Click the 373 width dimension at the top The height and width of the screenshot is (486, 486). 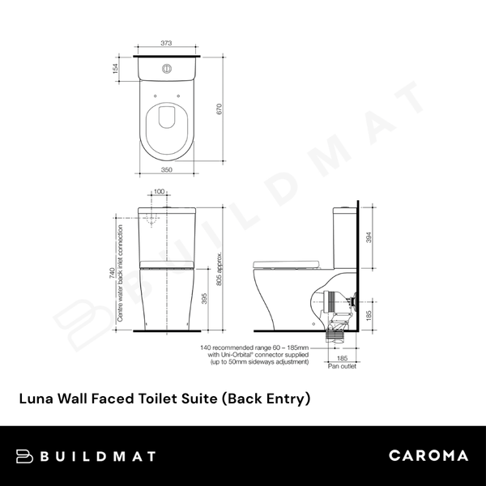point(167,43)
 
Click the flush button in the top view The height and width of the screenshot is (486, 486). point(168,68)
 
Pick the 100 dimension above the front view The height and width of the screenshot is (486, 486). point(160,191)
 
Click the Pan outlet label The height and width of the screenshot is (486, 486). point(342,367)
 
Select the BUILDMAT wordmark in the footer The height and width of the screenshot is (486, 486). point(97,456)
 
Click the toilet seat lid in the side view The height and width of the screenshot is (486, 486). point(288,264)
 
